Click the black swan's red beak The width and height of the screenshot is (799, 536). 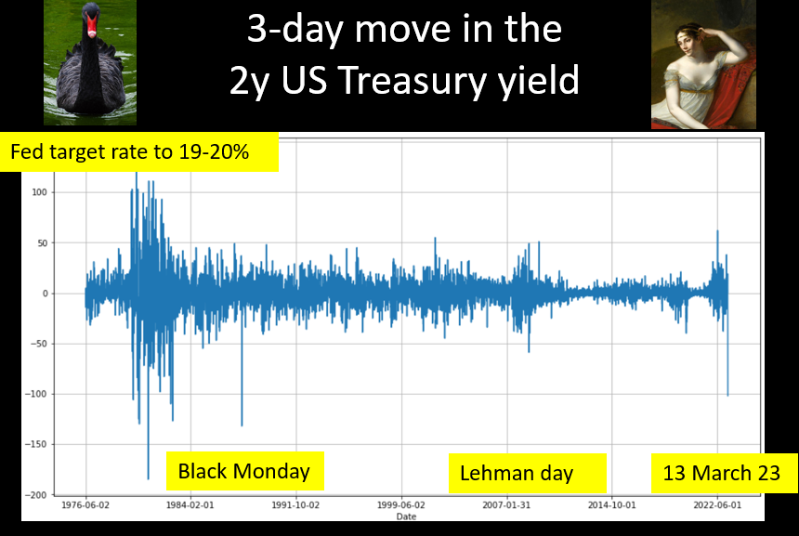point(91,26)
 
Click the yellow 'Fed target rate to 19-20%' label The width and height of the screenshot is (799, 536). point(139,151)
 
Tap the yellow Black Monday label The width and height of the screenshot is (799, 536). point(245,471)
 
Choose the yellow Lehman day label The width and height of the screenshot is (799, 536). point(528,473)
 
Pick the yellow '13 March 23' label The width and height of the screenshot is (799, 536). point(724,473)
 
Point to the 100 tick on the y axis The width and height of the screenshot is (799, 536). point(39,192)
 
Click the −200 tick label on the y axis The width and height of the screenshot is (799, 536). point(35,495)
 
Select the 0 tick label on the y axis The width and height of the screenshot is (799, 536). point(45,294)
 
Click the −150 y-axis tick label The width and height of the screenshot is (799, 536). point(35,444)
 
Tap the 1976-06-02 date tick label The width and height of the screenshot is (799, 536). point(85,505)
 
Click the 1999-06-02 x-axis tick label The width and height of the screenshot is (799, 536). point(401,505)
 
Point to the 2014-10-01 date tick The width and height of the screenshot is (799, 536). point(612,505)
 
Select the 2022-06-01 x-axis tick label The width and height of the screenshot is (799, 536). point(717,505)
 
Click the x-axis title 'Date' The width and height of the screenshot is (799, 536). point(406,516)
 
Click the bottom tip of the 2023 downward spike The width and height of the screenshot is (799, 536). point(727,396)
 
